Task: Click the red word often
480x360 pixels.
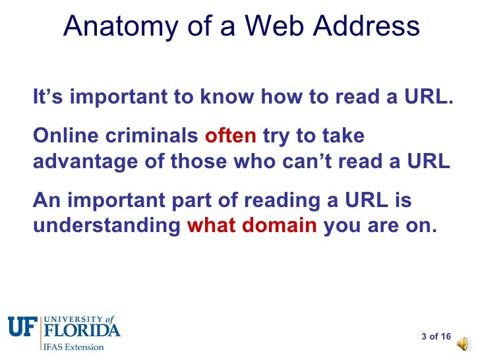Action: pos(231,136)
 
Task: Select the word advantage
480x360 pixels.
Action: pos(82,162)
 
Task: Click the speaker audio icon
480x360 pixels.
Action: pos(464,342)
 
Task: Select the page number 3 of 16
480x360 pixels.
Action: pos(436,337)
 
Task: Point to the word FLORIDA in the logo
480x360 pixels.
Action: pos(82,330)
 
